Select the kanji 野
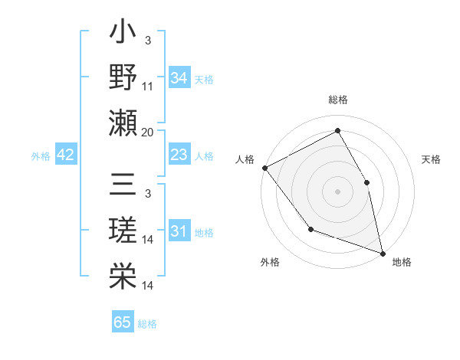click(123, 79)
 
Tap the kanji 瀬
click(123, 123)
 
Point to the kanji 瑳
click(123, 231)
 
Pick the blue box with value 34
click(179, 77)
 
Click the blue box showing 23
click(179, 155)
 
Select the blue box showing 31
click(179, 231)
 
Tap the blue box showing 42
click(65, 155)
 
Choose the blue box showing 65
click(123, 322)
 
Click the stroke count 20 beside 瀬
click(148, 132)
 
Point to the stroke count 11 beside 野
click(148, 87)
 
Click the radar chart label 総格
click(337, 100)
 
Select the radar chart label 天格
click(432, 159)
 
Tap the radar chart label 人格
click(245, 159)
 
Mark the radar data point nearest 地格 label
click(382, 252)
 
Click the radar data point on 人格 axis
click(264, 167)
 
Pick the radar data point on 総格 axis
click(337, 131)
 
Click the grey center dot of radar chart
click(337, 191)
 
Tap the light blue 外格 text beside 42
click(41, 155)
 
